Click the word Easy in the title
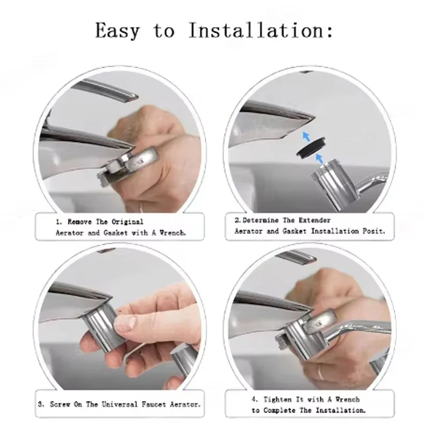tap(117, 31)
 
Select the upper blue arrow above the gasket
tap(306, 136)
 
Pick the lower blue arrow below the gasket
tap(319, 158)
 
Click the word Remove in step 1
tap(79, 222)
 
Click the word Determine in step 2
tap(260, 220)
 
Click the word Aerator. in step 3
tap(185, 404)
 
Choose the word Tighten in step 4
tap(277, 400)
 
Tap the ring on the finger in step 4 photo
tap(320, 372)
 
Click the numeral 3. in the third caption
tap(41, 404)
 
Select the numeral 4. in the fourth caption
tap(255, 400)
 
